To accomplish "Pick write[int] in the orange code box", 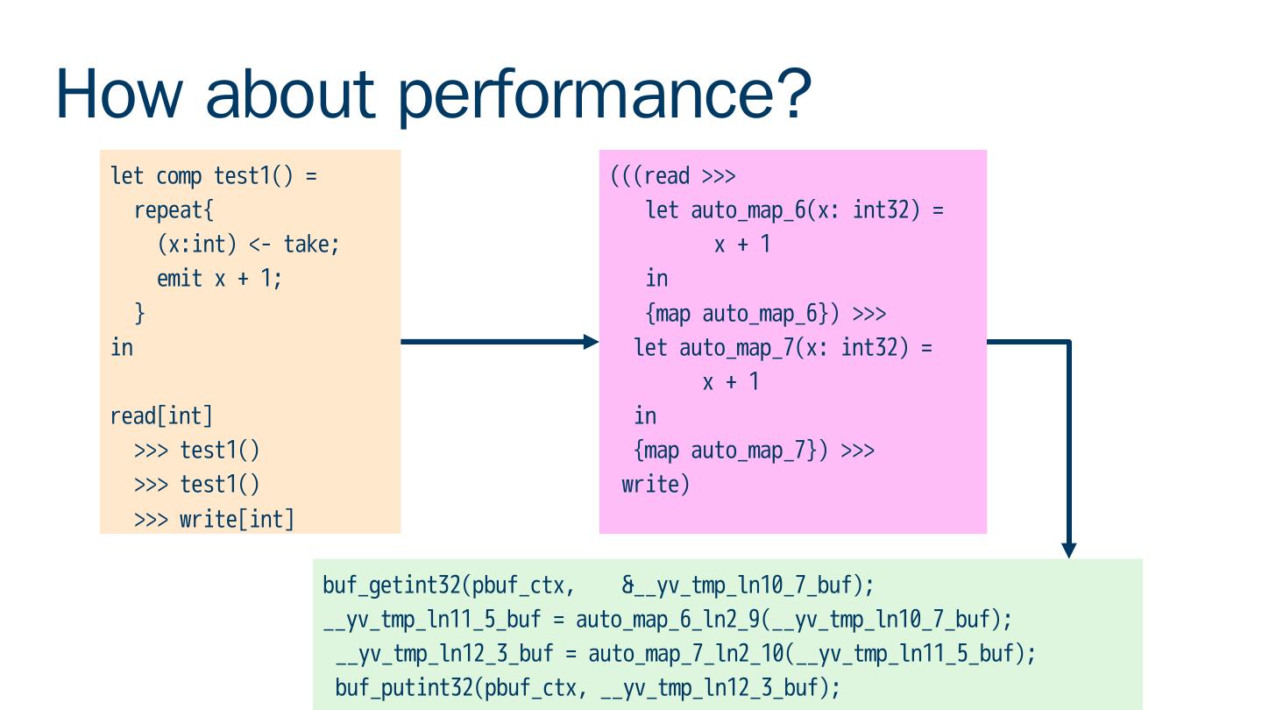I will pos(237,519).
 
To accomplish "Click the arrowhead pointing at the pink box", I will pos(592,342).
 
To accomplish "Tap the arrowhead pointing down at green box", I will pos(1068,550).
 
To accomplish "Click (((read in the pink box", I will pos(649,176).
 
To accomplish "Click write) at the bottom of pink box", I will pos(656,484).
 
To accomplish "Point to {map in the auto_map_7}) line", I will pos(658,451).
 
